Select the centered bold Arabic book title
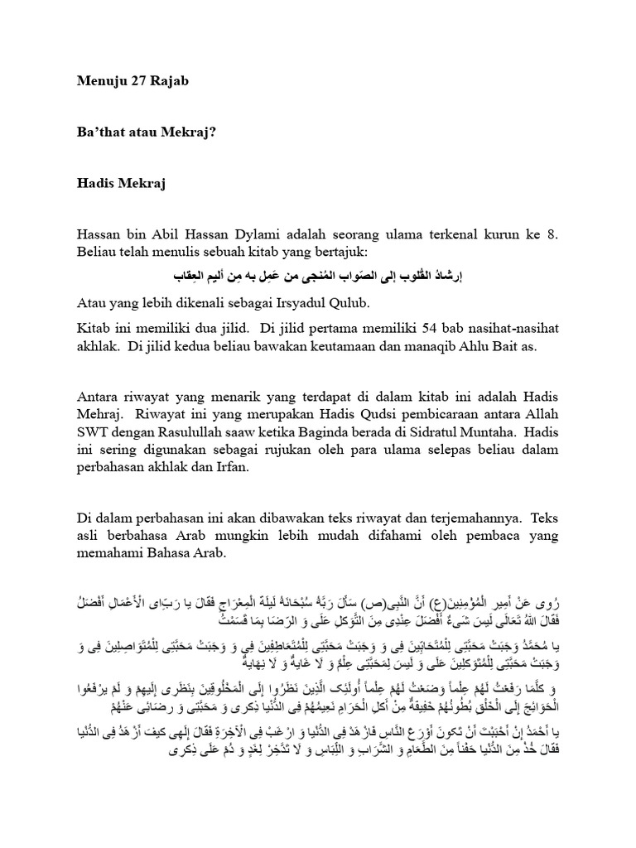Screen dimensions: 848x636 pyautogui.click(x=318, y=274)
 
